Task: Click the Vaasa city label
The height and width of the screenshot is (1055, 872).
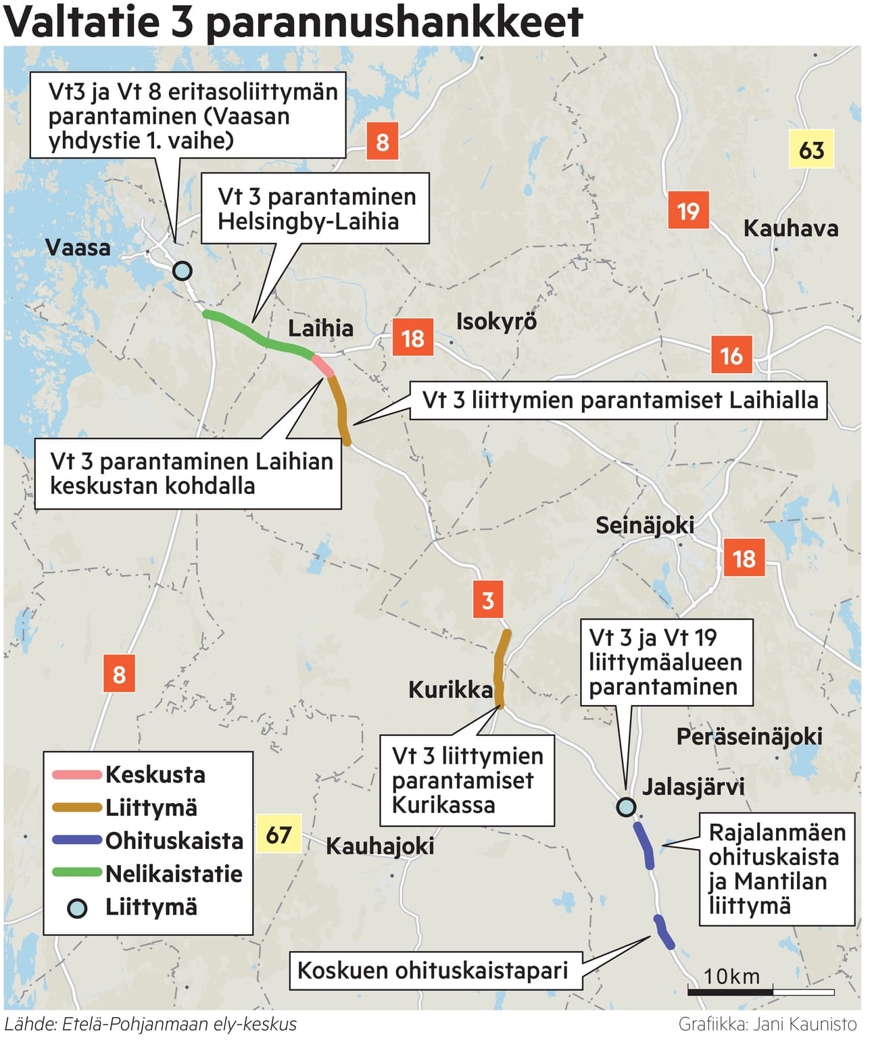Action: coord(77,247)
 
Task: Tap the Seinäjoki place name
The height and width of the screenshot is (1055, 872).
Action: coord(644,525)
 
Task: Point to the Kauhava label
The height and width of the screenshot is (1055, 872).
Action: coord(790,228)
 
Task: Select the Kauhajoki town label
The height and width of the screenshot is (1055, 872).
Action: coord(379,845)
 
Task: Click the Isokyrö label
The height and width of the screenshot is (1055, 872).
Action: coord(496,321)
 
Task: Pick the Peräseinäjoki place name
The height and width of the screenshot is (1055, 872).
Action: coord(749,736)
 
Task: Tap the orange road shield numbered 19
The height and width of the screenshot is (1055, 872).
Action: coord(688,211)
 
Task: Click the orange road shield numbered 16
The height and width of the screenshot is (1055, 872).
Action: coord(731,355)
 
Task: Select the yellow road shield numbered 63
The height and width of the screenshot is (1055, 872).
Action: coord(811,149)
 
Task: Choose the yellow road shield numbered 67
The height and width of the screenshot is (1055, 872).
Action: coord(278,835)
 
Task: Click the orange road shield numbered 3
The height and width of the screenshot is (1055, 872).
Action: coord(488,599)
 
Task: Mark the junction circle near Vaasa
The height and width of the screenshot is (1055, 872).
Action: coord(182,271)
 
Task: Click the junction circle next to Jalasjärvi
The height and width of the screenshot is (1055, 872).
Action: coord(627,806)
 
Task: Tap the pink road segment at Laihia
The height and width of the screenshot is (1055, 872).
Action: coord(322,366)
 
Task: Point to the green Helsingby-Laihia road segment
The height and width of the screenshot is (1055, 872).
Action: coord(257,335)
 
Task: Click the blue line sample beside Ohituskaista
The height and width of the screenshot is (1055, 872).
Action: coord(76,840)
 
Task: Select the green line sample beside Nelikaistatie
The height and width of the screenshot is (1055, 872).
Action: coord(76,873)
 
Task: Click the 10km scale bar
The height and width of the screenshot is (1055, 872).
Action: coord(760,991)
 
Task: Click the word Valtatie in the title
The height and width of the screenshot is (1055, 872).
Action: coord(82,22)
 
